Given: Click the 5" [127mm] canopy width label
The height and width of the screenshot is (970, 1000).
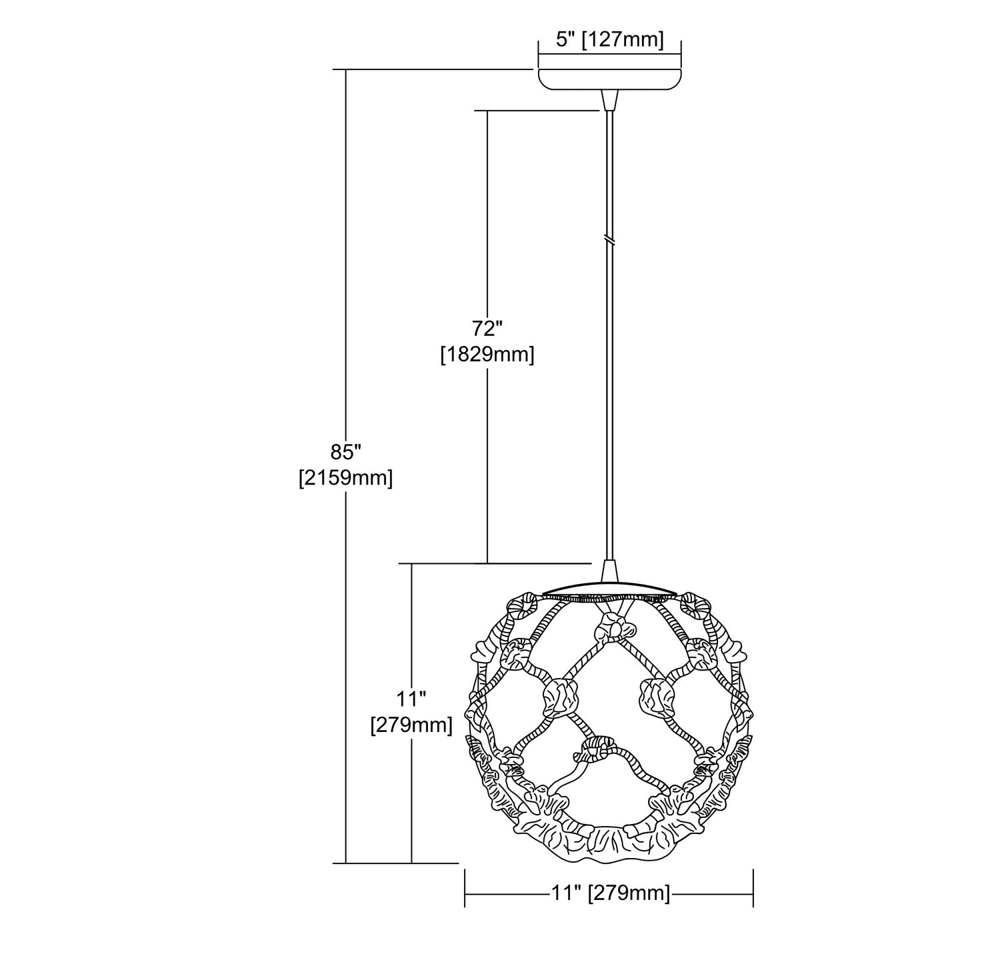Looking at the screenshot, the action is click(609, 40).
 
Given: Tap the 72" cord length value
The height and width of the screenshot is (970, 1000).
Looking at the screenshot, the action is click(487, 329).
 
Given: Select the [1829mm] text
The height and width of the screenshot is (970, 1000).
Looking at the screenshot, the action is click(487, 355).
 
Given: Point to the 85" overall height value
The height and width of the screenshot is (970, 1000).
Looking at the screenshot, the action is click(345, 452).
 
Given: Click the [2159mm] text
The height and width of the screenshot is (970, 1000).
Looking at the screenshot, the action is click(345, 478).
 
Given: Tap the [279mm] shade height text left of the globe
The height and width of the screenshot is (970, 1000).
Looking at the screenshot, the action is click(411, 725).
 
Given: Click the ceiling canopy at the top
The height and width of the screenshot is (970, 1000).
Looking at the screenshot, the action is click(609, 79).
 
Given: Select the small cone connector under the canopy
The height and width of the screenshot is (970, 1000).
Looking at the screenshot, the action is click(609, 101).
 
